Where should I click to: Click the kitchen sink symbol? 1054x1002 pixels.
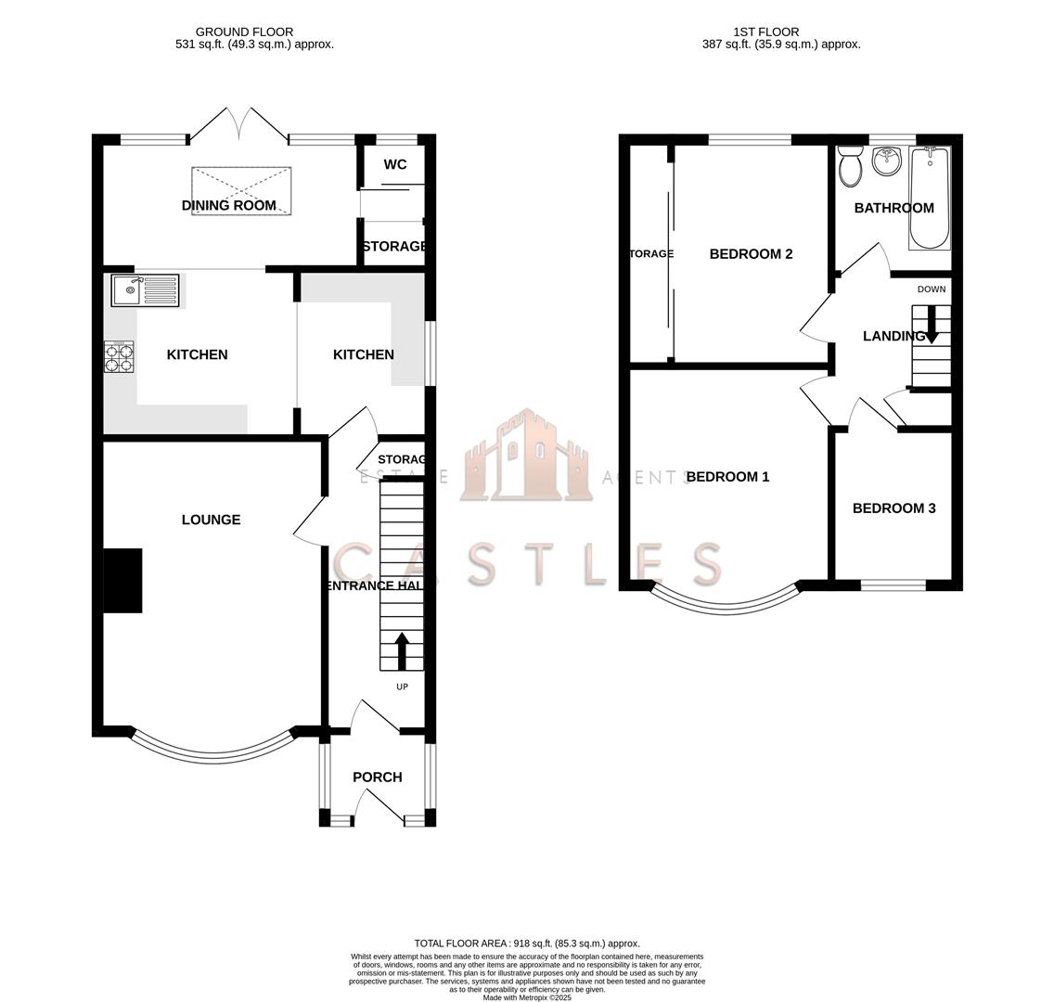[145, 290]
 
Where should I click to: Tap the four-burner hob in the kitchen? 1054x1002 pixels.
[120, 357]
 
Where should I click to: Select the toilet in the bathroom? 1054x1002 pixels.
[849, 167]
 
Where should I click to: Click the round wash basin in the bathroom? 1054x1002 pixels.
[887, 162]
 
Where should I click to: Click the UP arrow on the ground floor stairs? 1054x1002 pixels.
[402, 651]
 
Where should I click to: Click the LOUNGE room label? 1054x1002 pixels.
[211, 520]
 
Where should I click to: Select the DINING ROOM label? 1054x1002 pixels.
[229, 205]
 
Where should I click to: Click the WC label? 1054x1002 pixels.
[395, 164]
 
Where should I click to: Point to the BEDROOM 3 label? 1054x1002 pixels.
[893, 508]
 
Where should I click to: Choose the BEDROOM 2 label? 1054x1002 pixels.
[751, 254]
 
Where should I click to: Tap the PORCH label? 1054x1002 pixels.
[378, 777]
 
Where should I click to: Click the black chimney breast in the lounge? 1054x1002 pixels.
[122, 581]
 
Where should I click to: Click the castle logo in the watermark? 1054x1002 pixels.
[526, 456]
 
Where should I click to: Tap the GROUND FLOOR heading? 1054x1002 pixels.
[244, 32]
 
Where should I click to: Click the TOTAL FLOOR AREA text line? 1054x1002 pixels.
[526, 944]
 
